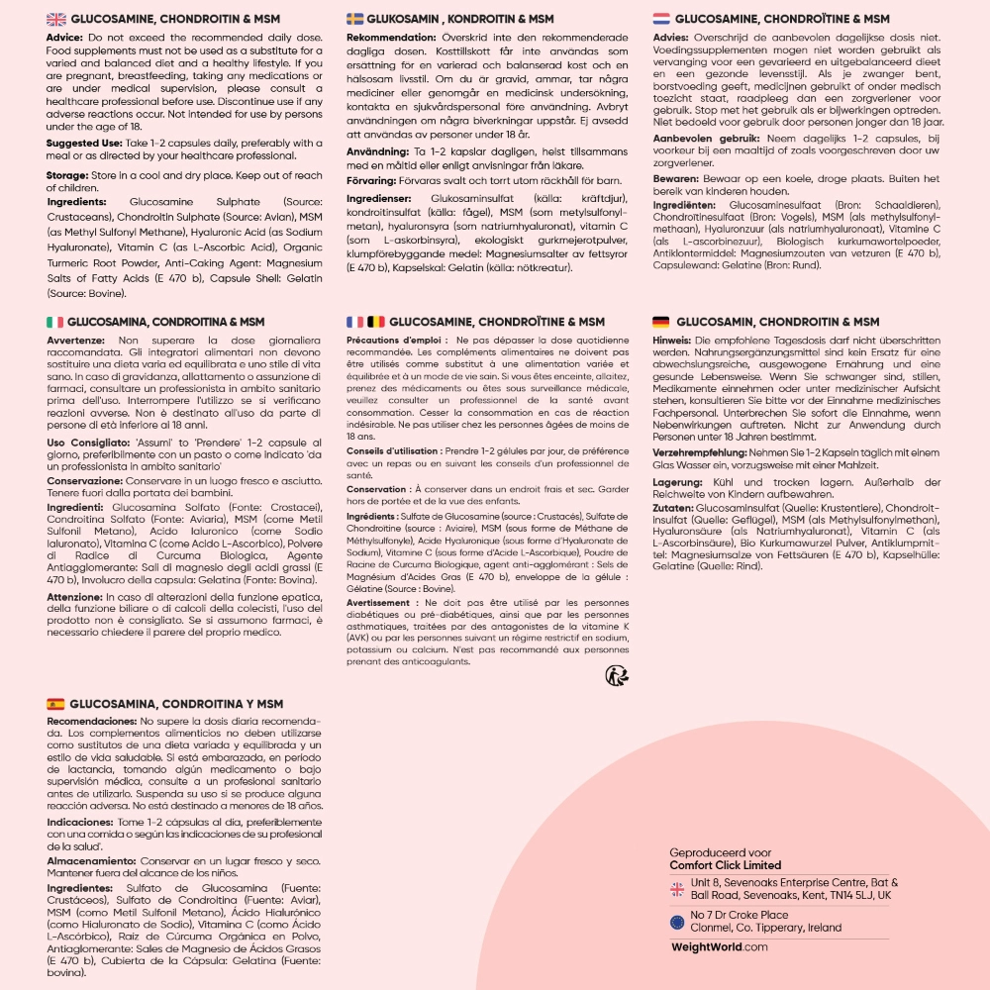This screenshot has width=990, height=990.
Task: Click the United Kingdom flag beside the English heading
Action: (56, 19)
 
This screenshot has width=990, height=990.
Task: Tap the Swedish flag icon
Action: (354, 19)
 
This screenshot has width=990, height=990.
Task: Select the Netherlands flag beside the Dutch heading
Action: (661, 19)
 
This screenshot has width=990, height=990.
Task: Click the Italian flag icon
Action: (55, 323)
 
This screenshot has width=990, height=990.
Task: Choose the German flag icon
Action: (661, 323)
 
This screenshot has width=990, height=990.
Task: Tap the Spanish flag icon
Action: (56, 704)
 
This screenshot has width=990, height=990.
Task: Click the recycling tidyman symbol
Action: (617, 675)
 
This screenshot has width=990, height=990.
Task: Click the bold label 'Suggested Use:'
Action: (84, 143)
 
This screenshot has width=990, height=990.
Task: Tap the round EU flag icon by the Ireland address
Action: (677, 922)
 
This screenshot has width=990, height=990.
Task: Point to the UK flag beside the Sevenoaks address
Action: (677, 888)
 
